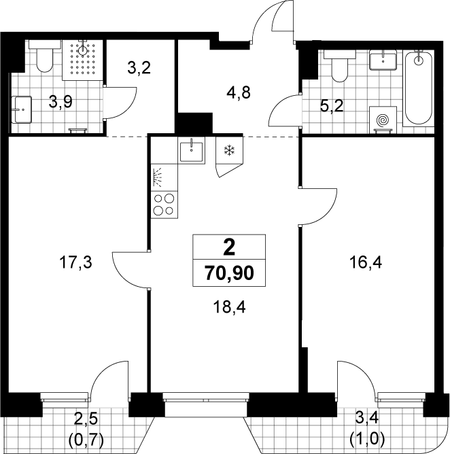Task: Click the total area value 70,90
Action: pos(229,273)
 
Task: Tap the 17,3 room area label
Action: pos(75,263)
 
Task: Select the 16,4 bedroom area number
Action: pos(366,263)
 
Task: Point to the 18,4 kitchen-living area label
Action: pos(229,307)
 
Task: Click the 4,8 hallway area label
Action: pos(239,93)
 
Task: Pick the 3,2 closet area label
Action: pos(139,68)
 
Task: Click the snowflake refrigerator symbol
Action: pos(229,151)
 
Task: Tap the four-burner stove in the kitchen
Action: pos(165,205)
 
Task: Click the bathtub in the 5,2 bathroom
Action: pos(419,88)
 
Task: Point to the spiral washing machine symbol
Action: pos(383,120)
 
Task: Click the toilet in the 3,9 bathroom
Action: pos(45,56)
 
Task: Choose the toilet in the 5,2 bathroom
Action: pos(339,66)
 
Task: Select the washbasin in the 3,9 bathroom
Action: pos(21,109)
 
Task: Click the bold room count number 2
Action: pos(229,248)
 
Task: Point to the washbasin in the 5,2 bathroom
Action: pos(383,60)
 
